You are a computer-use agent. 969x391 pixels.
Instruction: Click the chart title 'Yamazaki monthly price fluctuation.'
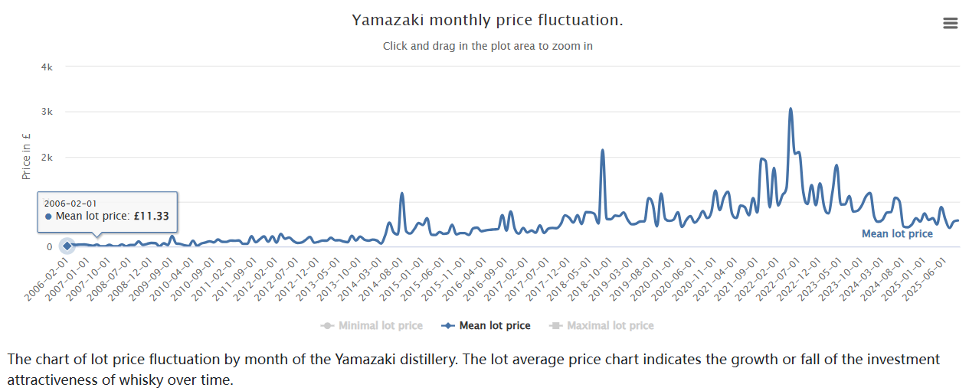[x=487, y=20]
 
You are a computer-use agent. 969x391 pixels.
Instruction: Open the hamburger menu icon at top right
[x=950, y=23]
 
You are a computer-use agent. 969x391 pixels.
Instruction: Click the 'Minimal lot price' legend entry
[x=372, y=326]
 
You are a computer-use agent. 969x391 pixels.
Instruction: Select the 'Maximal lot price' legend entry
[x=602, y=326]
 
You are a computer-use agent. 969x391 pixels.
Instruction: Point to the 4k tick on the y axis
[x=47, y=67]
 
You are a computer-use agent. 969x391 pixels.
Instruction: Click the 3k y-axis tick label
[x=47, y=112]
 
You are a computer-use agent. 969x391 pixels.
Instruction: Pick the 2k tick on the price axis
[x=47, y=157]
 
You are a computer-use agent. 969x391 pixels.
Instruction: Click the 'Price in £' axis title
[x=26, y=157]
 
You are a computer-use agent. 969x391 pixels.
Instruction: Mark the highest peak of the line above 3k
[x=791, y=109]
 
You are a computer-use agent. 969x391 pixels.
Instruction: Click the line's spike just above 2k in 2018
[x=602, y=151]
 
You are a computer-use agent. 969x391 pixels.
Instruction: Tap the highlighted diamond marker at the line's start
[x=67, y=246]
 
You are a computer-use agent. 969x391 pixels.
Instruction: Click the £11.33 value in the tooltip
[x=152, y=217]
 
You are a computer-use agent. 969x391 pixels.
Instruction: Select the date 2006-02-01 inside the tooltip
[x=70, y=203]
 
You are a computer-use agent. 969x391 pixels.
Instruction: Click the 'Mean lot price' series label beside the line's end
[x=897, y=234]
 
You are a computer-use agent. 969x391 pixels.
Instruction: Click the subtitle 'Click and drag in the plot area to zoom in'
[x=487, y=46]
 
